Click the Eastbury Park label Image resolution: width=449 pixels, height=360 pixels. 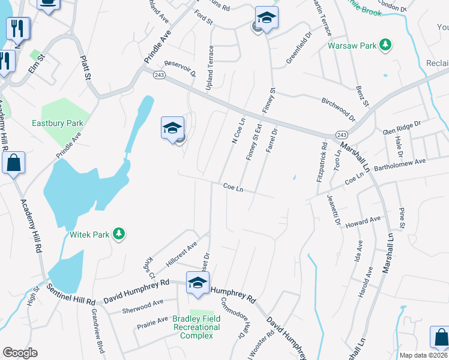pyautogui.click(x=57, y=123)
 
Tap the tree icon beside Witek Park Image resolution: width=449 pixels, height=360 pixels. pyautogui.click(x=119, y=234)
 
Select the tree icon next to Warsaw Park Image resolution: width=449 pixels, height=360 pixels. pyautogui.click(x=386, y=45)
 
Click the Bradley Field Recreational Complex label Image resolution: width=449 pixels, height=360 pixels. pyautogui.click(x=196, y=327)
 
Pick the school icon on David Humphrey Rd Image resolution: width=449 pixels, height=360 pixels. pyautogui.click(x=197, y=283)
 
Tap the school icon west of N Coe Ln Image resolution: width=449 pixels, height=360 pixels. pyautogui.click(x=172, y=128)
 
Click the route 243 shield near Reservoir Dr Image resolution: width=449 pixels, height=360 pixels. pyautogui.click(x=158, y=74)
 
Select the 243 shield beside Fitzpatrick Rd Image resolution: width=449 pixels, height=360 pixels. pyautogui.click(x=341, y=134)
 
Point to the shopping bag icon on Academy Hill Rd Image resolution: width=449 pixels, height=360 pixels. pyautogui.click(x=13, y=163)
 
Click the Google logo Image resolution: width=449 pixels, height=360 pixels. pyautogui.click(x=20, y=352)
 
